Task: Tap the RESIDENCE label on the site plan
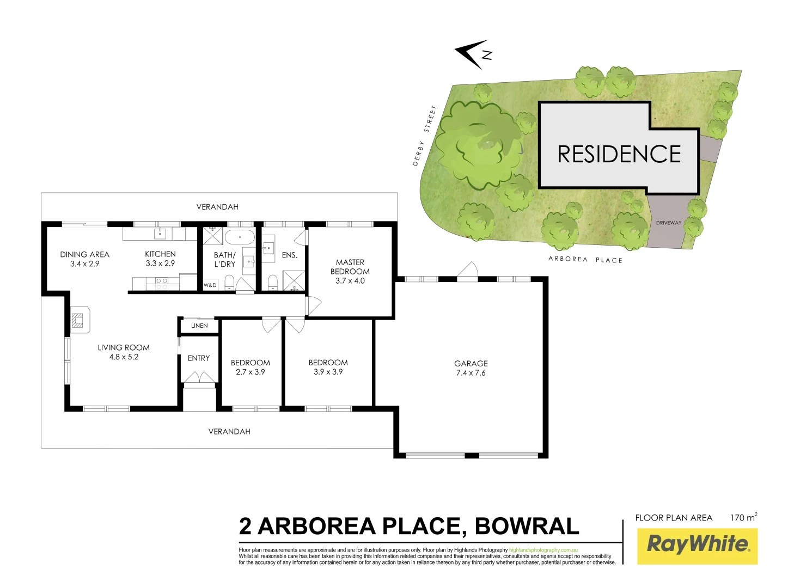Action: tap(619, 155)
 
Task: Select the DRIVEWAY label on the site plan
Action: tap(668, 223)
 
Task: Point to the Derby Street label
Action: tap(425, 136)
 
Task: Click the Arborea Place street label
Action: tap(585, 260)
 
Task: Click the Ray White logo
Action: tap(698, 544)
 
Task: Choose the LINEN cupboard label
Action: tap(199, 326)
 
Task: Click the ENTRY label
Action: tap(199, 358)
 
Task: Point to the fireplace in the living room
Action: tap(79, 320)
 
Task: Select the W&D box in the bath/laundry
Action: tap(210, 285)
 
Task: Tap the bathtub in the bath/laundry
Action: tap(240, 237)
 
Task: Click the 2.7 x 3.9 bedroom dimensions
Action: tap(251, 372)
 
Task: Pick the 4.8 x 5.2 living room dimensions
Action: tap(124, 357)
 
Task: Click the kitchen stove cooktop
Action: tap(162, 283)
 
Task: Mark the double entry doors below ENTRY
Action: tap(199, 377)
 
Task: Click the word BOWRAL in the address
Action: tap(527, 526)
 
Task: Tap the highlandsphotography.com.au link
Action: tap(543, 550)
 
